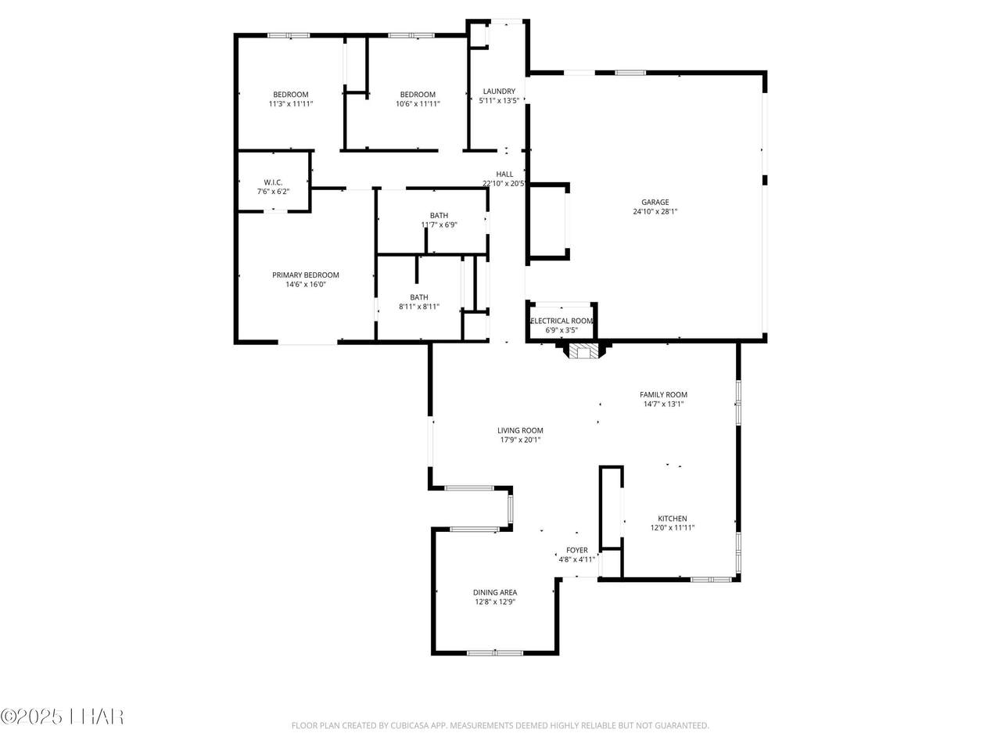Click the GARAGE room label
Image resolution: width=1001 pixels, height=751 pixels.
click(x=655, y=202)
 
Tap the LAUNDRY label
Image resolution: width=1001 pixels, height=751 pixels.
click(x=499, y=92)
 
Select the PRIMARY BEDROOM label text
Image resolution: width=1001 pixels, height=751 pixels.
click(x=306, y=275)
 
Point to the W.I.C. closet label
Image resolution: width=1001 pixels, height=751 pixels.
click(x=273, y=182)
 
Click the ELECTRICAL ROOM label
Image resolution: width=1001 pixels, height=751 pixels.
click(x=561, y=321)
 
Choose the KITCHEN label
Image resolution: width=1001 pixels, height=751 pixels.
click(x=673, y=519)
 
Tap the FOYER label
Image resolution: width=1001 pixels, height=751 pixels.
click(x=577, y=551)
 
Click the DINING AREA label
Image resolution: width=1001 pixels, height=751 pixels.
click(x=495, y=592)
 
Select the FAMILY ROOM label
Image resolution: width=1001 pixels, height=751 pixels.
click(x=663, y=395)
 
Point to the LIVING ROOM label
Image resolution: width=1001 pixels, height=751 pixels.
click(x=520, y=430)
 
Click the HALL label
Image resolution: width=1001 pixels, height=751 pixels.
click(x=505, y=174)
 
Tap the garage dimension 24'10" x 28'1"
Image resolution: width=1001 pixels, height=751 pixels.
click(x=655, y=211)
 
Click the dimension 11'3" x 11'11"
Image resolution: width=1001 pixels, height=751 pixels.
click(x=291, y=104)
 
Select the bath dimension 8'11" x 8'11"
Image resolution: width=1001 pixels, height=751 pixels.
click(x=419, y=307)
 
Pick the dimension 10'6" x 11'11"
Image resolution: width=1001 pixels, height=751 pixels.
click(x=418, y=104)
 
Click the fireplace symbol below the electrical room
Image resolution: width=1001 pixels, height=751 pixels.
click(x=583, y=350)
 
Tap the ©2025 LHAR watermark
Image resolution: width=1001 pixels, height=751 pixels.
click(x=62, y=717)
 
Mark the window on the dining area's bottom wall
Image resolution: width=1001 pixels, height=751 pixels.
click(x=495, y=653)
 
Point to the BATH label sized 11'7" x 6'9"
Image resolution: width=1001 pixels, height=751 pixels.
click(x=439, y=215)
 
